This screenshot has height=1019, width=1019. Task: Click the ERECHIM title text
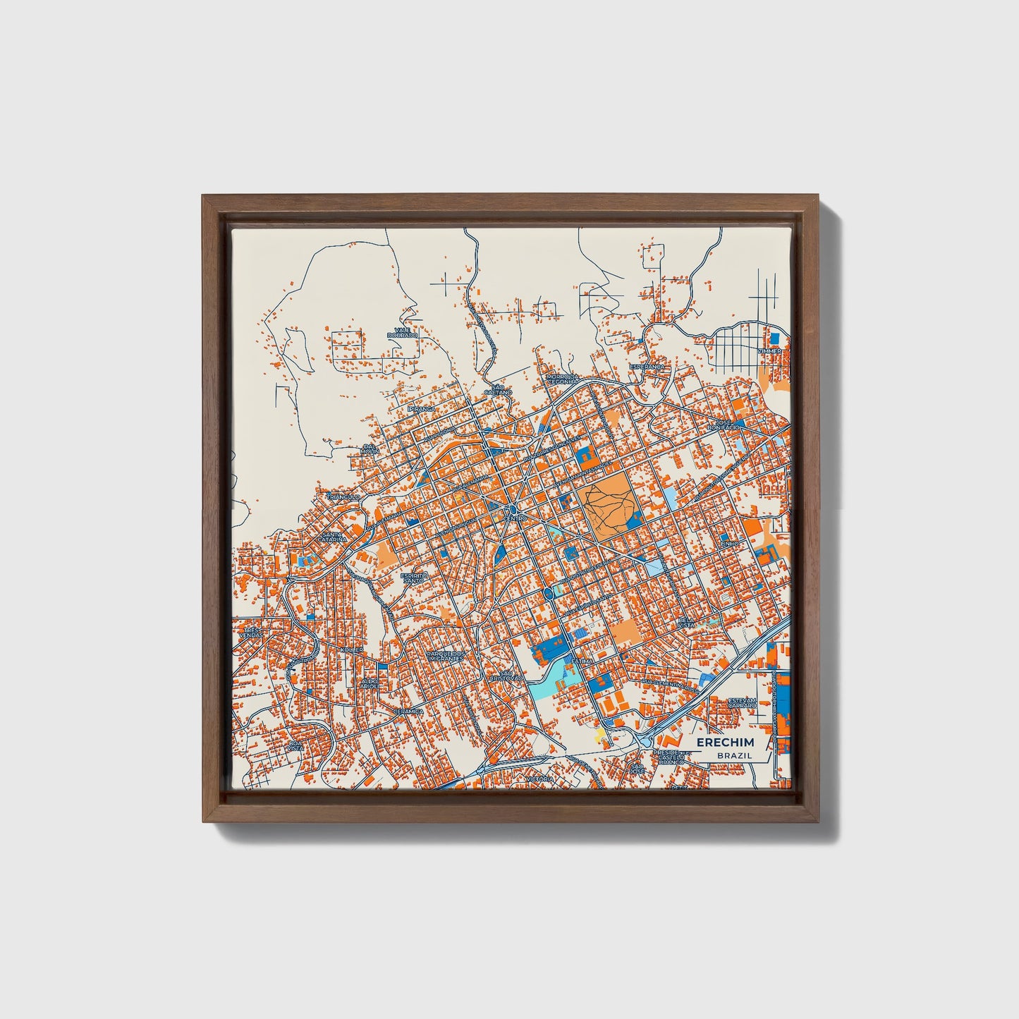pos(725,743)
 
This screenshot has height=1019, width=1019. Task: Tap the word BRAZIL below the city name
pos(734,755)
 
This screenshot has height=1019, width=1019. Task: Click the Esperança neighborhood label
pos(647,367)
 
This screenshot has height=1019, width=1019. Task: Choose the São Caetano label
pos(499,389)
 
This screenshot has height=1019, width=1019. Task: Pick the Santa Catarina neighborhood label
pos(334,537)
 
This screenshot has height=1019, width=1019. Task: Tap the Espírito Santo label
pos(414,578)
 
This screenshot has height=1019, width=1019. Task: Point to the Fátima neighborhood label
pos(582,662)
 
